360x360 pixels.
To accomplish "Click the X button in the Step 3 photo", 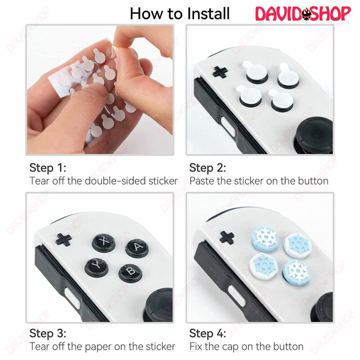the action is click(x=104, y=243).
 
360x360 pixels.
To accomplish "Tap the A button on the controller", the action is click(x=137, y=248).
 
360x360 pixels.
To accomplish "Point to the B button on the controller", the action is click(x=130, y=273).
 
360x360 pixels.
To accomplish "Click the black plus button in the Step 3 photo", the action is click(x=63, y=240).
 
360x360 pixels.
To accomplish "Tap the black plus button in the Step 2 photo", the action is click(x=220, y=72).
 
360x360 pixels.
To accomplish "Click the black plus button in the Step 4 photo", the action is click(x=227, y=238).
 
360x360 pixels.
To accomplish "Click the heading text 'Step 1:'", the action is click(x=48, y=168).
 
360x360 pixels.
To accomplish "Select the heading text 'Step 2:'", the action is click(x=207, y=168).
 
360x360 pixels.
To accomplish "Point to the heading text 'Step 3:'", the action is click(x=48, y=333).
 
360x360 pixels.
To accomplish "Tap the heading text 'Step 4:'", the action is click(x=207, y=333).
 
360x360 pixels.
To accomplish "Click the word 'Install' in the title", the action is click(x=208, y=13).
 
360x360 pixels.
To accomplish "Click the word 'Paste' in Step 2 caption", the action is click(x=202, y=181).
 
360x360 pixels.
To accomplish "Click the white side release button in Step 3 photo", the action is click(x=72, y=298).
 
